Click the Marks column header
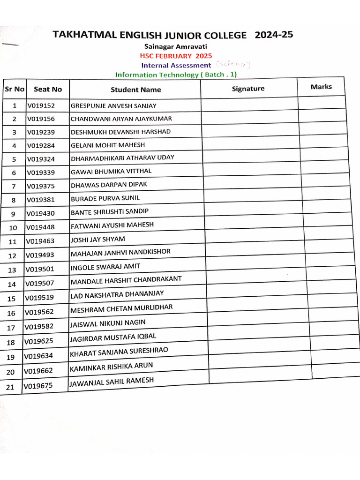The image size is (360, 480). click(321, 87)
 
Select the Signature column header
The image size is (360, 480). click(248, 89)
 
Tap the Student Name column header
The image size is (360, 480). click(135, 90)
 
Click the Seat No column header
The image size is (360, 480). click(48, 89)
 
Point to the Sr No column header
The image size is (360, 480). click(15, 89)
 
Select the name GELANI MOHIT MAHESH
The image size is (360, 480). click(108, 145)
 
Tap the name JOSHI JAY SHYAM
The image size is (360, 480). click(98, 240)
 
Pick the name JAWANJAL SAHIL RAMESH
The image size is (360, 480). click(112, 383)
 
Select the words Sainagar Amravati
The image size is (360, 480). click(175, 46)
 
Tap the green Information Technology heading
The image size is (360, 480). click(176, 75)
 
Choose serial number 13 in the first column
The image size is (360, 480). click(12, 270)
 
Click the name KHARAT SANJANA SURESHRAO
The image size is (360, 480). click(119, 352)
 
